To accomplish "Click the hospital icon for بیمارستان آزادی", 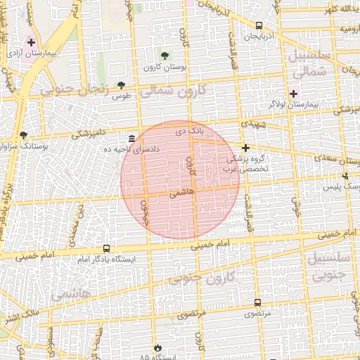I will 31,42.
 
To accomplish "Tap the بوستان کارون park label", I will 164,67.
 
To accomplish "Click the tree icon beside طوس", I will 121,85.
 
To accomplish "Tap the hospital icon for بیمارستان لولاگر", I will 293,94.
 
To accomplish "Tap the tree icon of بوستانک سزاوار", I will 24,134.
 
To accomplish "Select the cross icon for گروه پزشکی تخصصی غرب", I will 245,148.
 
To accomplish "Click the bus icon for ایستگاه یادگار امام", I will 106,248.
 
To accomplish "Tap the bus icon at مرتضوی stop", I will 257,302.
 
